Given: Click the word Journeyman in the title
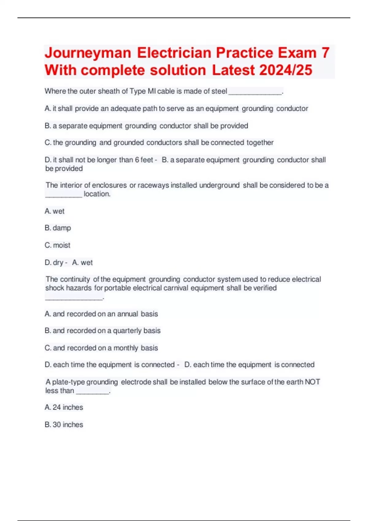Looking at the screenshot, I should tap(88, 53).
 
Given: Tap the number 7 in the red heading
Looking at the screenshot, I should tap(325, 53).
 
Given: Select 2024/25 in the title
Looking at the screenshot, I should tap(286, 70).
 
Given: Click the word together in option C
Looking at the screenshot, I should tap(260, 143).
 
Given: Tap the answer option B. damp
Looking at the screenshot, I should tap(58, 228).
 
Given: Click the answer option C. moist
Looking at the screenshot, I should tap(57, 245).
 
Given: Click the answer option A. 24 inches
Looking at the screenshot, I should tap(64, 407).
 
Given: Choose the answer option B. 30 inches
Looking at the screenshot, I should tap(64, 424).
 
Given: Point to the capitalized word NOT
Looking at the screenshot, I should tap(312, 382).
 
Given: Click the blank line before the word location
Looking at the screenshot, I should tap(63, 196).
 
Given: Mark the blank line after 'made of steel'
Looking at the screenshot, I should tap(255, 93).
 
